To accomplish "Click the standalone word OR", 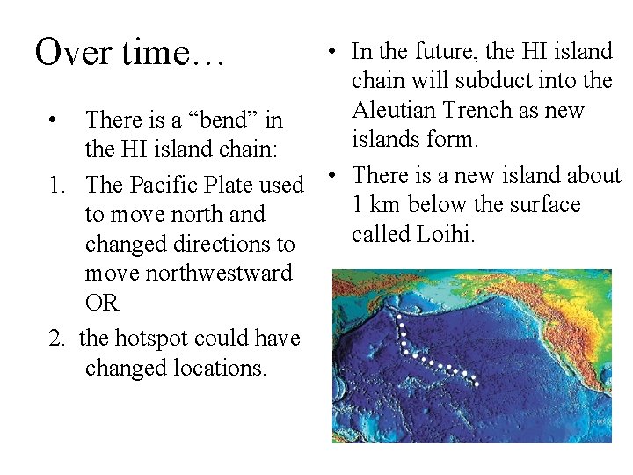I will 102,303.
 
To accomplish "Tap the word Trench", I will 480,110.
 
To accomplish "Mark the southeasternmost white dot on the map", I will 477,384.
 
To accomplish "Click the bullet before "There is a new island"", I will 336,176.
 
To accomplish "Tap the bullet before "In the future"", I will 336,51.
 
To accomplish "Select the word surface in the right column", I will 542,205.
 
